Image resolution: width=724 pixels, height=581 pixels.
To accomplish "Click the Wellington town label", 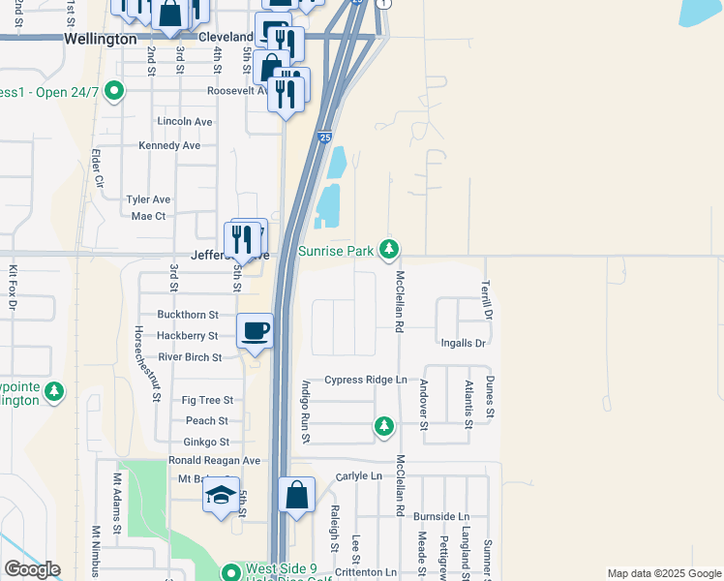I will (x=100, y=40).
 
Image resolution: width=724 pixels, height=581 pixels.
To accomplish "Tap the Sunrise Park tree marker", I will (x=389, y=251).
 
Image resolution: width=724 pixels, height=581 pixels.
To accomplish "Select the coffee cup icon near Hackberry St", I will (x=255, y=331).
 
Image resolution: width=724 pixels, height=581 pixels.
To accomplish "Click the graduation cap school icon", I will (x=221, y=495).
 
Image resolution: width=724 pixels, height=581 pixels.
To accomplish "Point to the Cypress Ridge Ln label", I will (x=366, y=380).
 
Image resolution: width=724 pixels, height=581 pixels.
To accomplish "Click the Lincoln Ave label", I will (x=184, y=122).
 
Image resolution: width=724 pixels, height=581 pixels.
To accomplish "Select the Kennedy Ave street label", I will (x=169, y=145).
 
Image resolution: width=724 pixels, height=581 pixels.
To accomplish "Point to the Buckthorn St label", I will (x=188, y=315).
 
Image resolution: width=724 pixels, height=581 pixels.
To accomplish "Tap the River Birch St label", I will (x=191, y=357).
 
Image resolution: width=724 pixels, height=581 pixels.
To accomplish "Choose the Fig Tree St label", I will (x=207, y=400).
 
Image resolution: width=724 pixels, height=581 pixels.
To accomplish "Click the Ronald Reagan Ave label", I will (x=214, y=460).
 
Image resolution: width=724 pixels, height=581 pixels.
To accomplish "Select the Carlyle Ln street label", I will (x=359, y=476).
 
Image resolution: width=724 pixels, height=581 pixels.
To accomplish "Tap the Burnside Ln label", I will (x=440, y=517).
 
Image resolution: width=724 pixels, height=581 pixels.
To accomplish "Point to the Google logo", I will (x=32, y=570).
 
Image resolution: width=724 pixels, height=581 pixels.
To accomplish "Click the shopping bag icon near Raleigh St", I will (x=297, y=495).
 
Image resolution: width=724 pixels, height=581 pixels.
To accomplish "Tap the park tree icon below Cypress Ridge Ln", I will (x=384, y=425).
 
